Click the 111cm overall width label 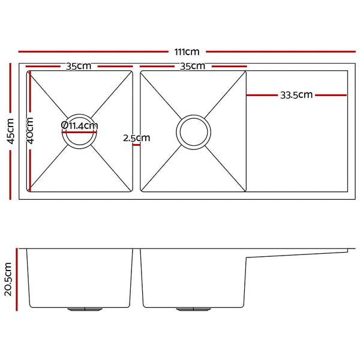click(x=187, y=52)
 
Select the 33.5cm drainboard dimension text click(x=296, y=95)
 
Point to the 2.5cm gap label click(x=136, y=137)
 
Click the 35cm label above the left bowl click(x=78, y=66)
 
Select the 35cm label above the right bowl click(x=193, y=66)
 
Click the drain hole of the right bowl click(x=193, y=131)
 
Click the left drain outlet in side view click(x=86, y=309)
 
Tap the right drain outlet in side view click(x=193, y=309)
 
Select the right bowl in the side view click(x=193, y=279)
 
